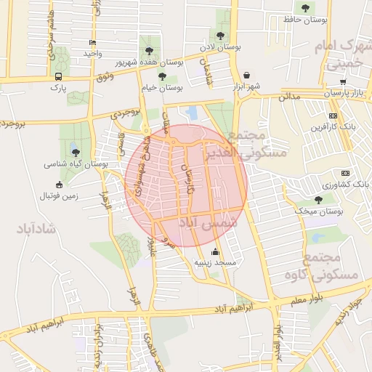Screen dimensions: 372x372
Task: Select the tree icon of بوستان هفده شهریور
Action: coord(150,51)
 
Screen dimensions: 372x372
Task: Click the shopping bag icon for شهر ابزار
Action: coord(247,75)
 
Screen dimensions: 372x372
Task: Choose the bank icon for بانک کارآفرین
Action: coord(333,116)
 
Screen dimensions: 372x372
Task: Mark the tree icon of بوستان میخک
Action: coord(318,199)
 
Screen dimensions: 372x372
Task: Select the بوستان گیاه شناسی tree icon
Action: coord(76,152)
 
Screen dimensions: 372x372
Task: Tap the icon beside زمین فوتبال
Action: coord(59,185)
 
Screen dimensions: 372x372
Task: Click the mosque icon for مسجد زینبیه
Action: coord(214,252)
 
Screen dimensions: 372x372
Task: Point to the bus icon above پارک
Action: coord(58,76)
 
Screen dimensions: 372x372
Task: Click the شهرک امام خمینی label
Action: coord(345,55)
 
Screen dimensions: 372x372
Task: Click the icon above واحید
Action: coord(91,42)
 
